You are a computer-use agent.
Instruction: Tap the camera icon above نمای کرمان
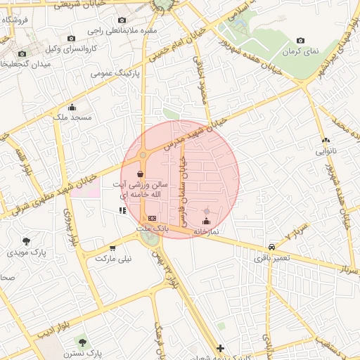(x=301, y=41)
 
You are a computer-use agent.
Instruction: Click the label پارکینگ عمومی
(x=117, y=72)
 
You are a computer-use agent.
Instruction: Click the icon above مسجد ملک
(x=72, y=106)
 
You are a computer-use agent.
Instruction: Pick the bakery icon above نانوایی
(x=325, y=139)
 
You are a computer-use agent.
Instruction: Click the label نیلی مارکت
(x=117, y=259)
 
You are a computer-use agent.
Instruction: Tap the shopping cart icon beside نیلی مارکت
(x=112, y=248)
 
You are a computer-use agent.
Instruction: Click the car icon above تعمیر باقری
(x=271, y=247)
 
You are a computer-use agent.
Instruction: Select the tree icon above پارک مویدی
(x=26, y=242)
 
